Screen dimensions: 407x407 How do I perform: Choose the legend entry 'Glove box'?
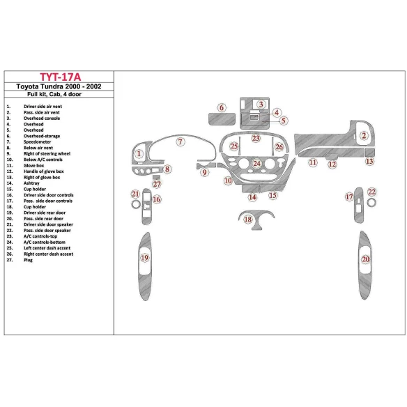[36, 165]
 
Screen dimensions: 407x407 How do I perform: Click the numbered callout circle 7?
[180, 142]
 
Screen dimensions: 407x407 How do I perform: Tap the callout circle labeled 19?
[144, 259]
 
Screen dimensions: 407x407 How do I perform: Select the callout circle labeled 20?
[365, 260]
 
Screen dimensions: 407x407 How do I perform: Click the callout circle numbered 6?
[221, 107]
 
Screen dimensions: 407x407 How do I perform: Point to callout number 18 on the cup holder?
[249, 220]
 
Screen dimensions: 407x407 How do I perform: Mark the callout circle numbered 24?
[257, 164]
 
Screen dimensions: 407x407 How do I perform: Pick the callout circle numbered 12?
[332, 164]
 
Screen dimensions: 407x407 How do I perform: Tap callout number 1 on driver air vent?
[139, 153]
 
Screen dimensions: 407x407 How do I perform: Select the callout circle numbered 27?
[157, 185]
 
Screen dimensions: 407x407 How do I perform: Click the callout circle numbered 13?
[369, 162]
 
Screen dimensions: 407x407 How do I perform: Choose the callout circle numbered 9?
[204, 172]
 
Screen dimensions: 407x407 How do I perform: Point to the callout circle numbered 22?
[372, 192]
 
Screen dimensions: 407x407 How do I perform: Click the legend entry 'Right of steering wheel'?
[47, 153]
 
